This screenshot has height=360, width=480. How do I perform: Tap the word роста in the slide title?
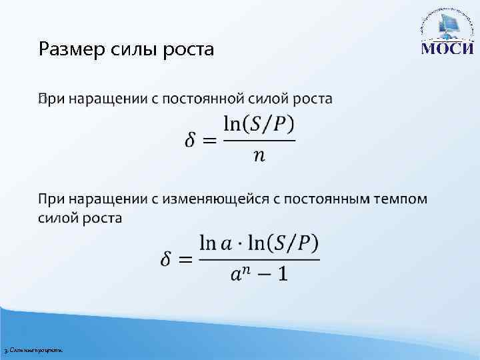coord(191,49)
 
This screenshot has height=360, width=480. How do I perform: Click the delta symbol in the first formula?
coord(191,141)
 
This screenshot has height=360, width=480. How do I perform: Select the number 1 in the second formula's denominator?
coord(283,274)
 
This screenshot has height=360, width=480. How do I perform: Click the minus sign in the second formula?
coord(264,274)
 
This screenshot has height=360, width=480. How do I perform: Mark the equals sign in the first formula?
coord(209,141)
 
